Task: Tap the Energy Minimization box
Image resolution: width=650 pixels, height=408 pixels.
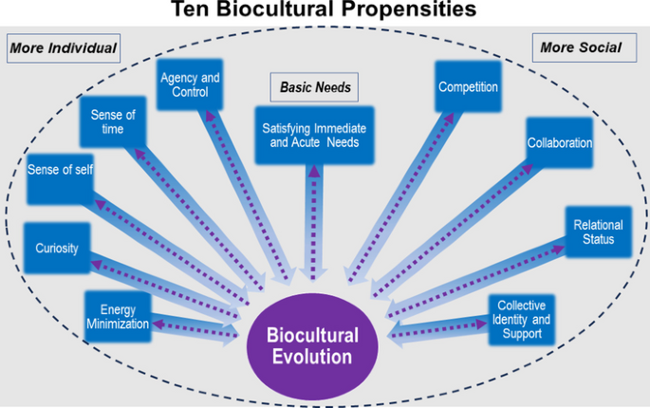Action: coord(119,316)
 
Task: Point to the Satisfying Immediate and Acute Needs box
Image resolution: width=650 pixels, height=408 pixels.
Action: coord(313,136)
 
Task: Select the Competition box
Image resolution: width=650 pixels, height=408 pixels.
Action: coord(468,87)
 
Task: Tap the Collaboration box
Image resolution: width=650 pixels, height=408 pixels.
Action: coord(559,144)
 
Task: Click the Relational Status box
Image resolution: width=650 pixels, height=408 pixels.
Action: coord(598,232)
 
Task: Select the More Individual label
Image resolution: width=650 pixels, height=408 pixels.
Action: coord(63,47)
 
